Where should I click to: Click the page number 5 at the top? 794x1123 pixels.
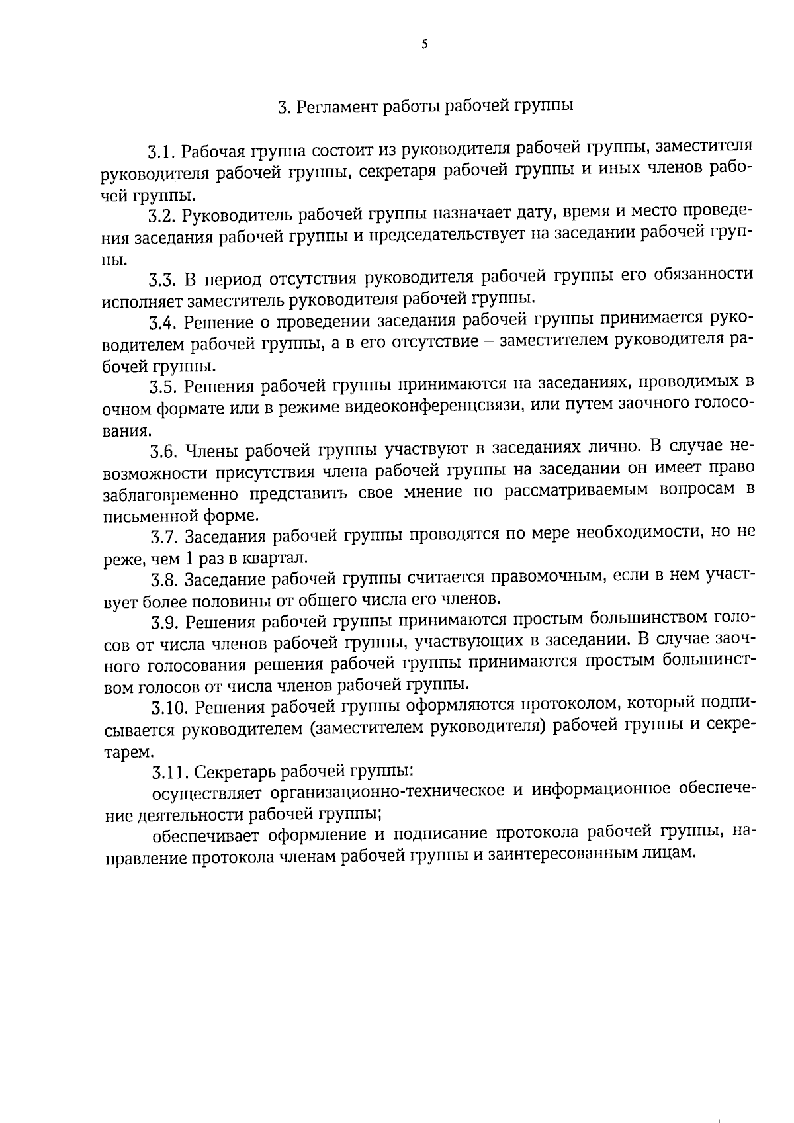coord(424,45)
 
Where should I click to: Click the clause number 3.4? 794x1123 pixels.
coord(163,323)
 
